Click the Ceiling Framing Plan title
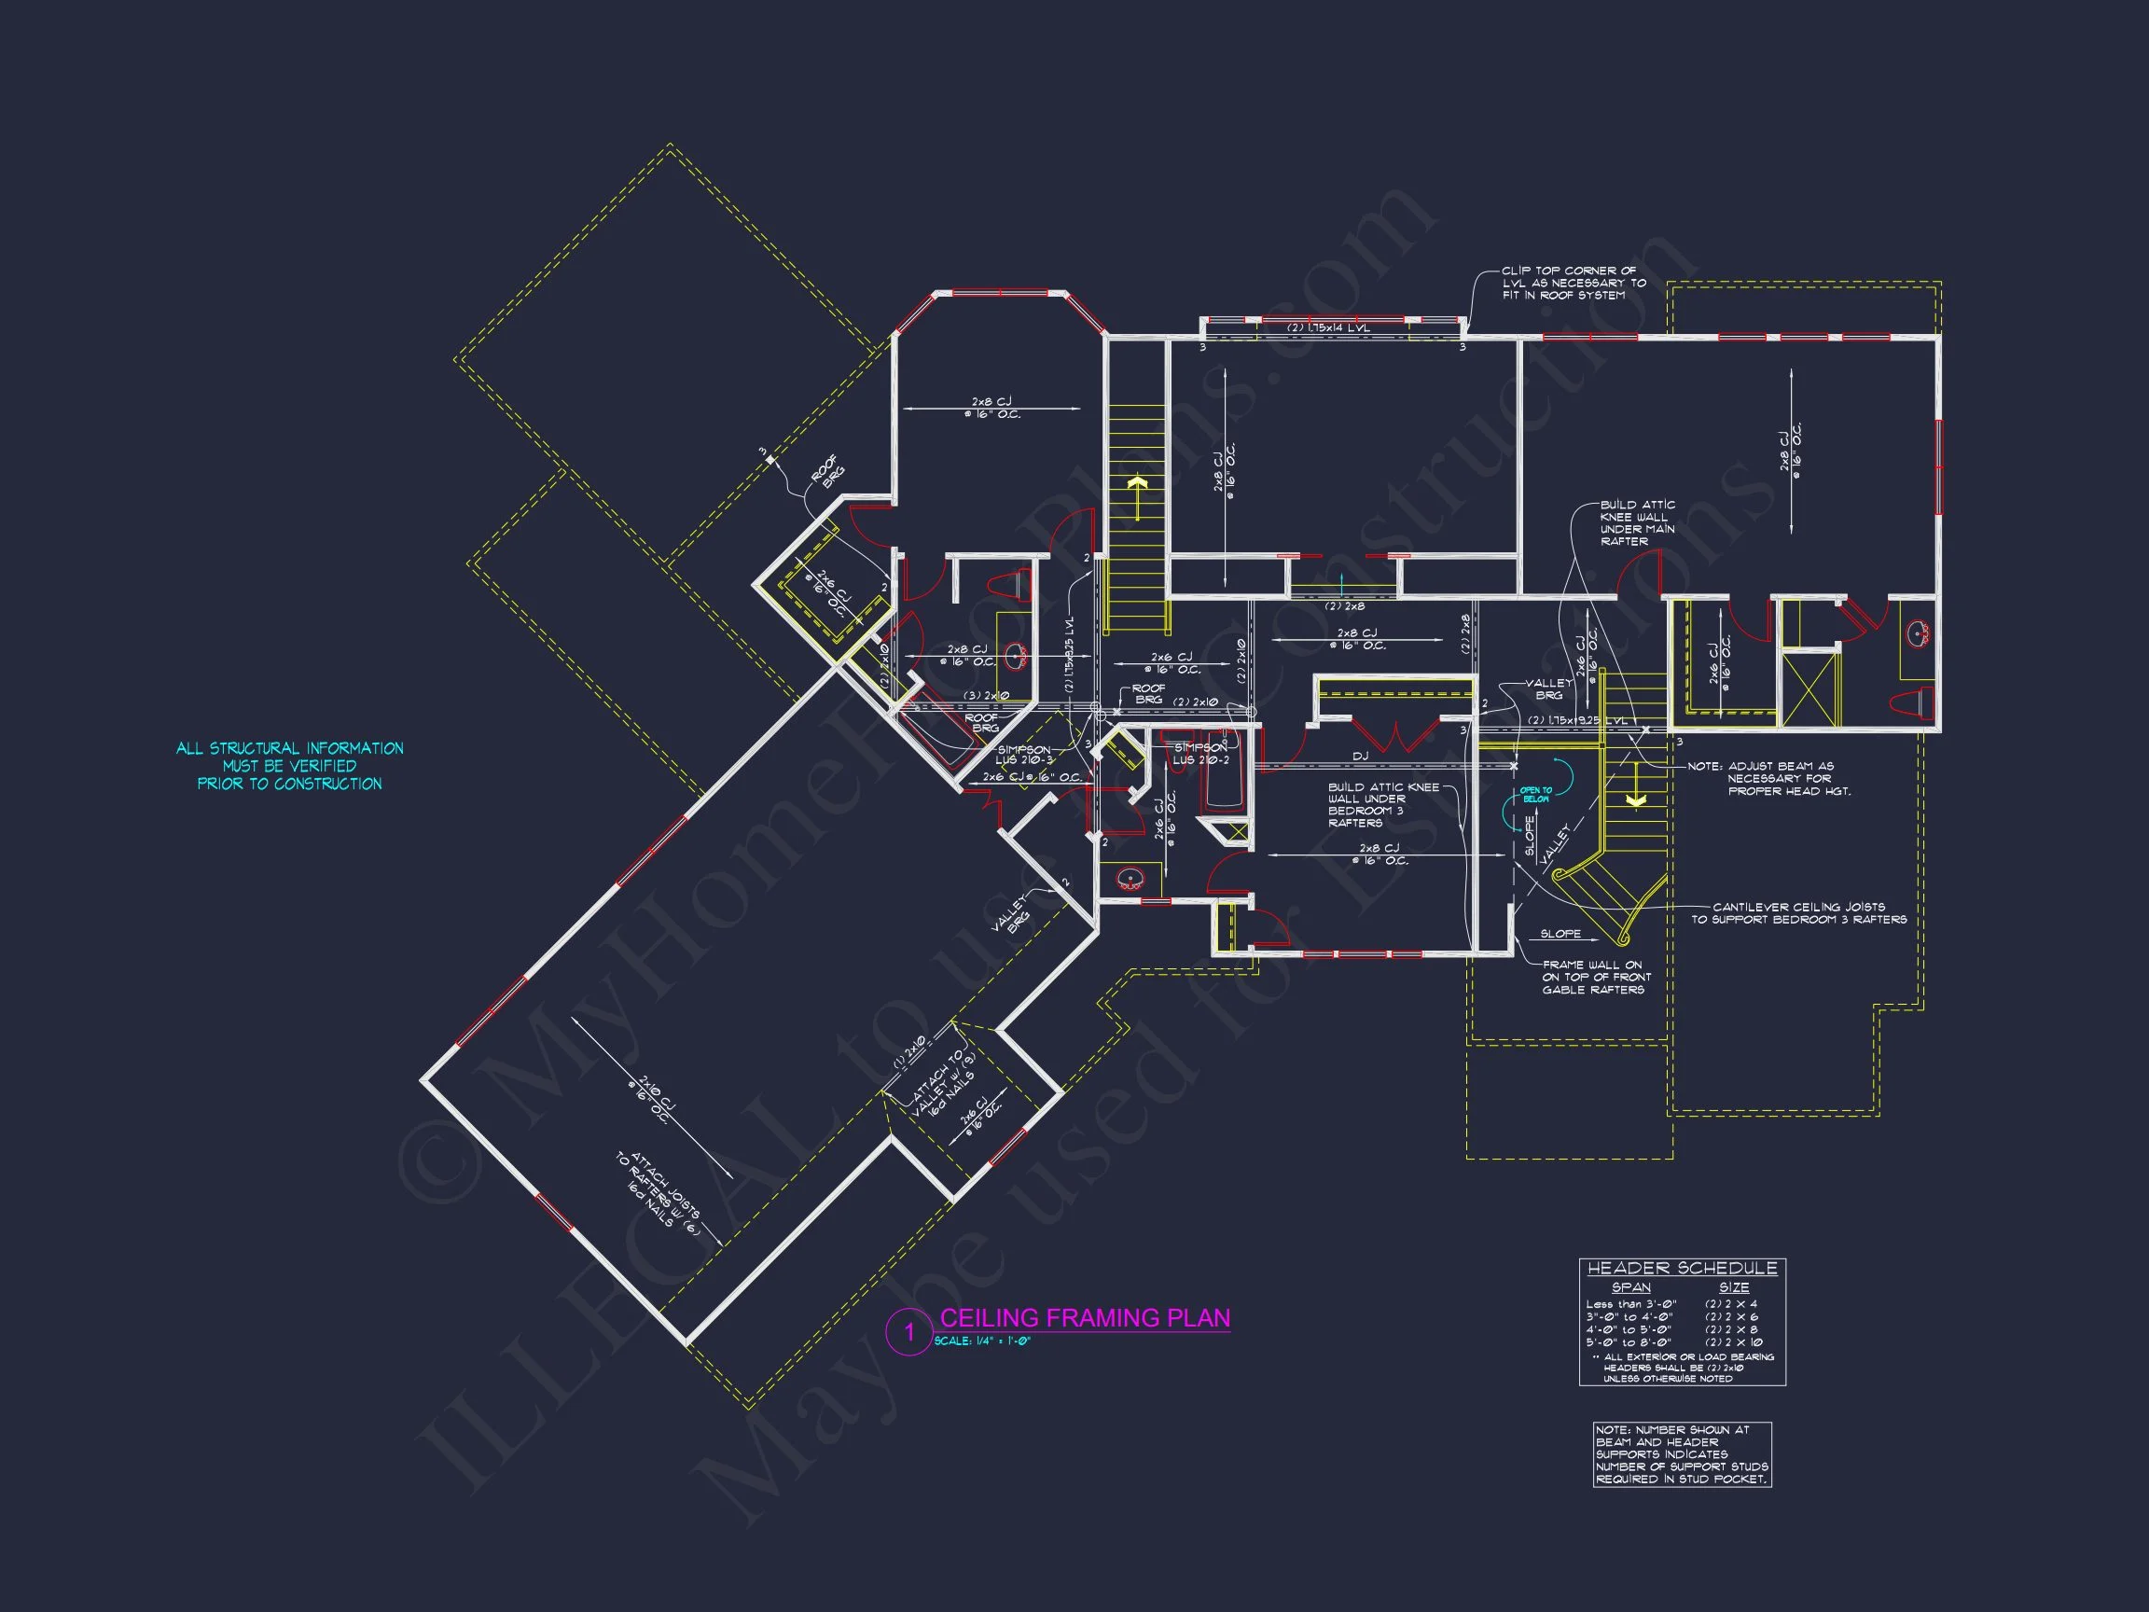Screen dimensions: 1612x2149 pos(1084,1317)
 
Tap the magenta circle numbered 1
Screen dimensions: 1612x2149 pos(909,1331)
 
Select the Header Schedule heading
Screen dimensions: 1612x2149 pos(1682,1268)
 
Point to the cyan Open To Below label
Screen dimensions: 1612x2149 pos(1536,794)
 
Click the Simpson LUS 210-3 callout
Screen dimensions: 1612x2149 pos(1024,754)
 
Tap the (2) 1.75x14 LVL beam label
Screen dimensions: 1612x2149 pos(1328,328)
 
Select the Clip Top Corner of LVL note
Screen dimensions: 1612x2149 pos(1573,283)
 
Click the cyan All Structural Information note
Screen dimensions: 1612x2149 pos(289,766)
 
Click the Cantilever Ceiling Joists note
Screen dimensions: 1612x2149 pos(1798,912)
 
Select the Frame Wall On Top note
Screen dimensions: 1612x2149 pos(1595,977)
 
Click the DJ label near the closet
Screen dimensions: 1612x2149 pos(1360,755)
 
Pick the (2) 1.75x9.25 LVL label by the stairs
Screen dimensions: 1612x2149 pos(1578,721)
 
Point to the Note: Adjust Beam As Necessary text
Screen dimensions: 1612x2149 pos(1769,778)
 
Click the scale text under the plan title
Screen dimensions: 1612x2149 pos(981,1341)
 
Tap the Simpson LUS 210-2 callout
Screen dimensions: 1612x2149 pos(1200,753)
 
